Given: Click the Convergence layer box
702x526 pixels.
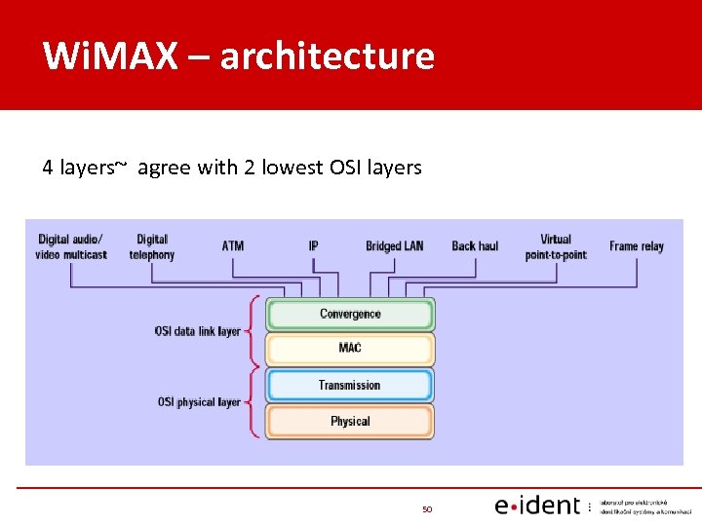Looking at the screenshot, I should pos(350,314).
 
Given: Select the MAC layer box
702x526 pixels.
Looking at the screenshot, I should pos(350,349).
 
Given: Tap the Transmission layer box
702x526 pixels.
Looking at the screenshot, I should pos(350,385).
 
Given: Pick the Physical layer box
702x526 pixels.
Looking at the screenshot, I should pos(350,421).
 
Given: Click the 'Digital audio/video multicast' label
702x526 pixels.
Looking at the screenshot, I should pos(71,246).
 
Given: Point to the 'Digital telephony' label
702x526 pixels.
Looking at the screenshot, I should pos(152,246).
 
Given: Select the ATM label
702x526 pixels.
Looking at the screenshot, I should pos(233,245).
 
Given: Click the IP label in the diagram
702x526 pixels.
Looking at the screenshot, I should pos(313,245).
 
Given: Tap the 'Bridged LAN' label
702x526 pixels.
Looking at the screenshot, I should pos(395,245).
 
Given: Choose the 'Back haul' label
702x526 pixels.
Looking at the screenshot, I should pos(475,245).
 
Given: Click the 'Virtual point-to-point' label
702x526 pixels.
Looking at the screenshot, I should pos(556,246).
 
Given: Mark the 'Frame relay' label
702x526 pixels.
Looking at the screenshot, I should pos(637,245).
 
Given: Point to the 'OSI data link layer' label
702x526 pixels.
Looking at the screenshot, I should pos(197,331).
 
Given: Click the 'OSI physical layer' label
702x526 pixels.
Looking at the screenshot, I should pos(199,401).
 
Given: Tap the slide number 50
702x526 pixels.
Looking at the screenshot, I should pos(427,508).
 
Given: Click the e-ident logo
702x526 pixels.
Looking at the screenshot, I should pos(538,506).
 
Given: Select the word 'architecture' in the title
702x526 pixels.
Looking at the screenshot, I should pos(327,56).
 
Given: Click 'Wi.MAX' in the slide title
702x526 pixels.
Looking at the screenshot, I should pos(110,56).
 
